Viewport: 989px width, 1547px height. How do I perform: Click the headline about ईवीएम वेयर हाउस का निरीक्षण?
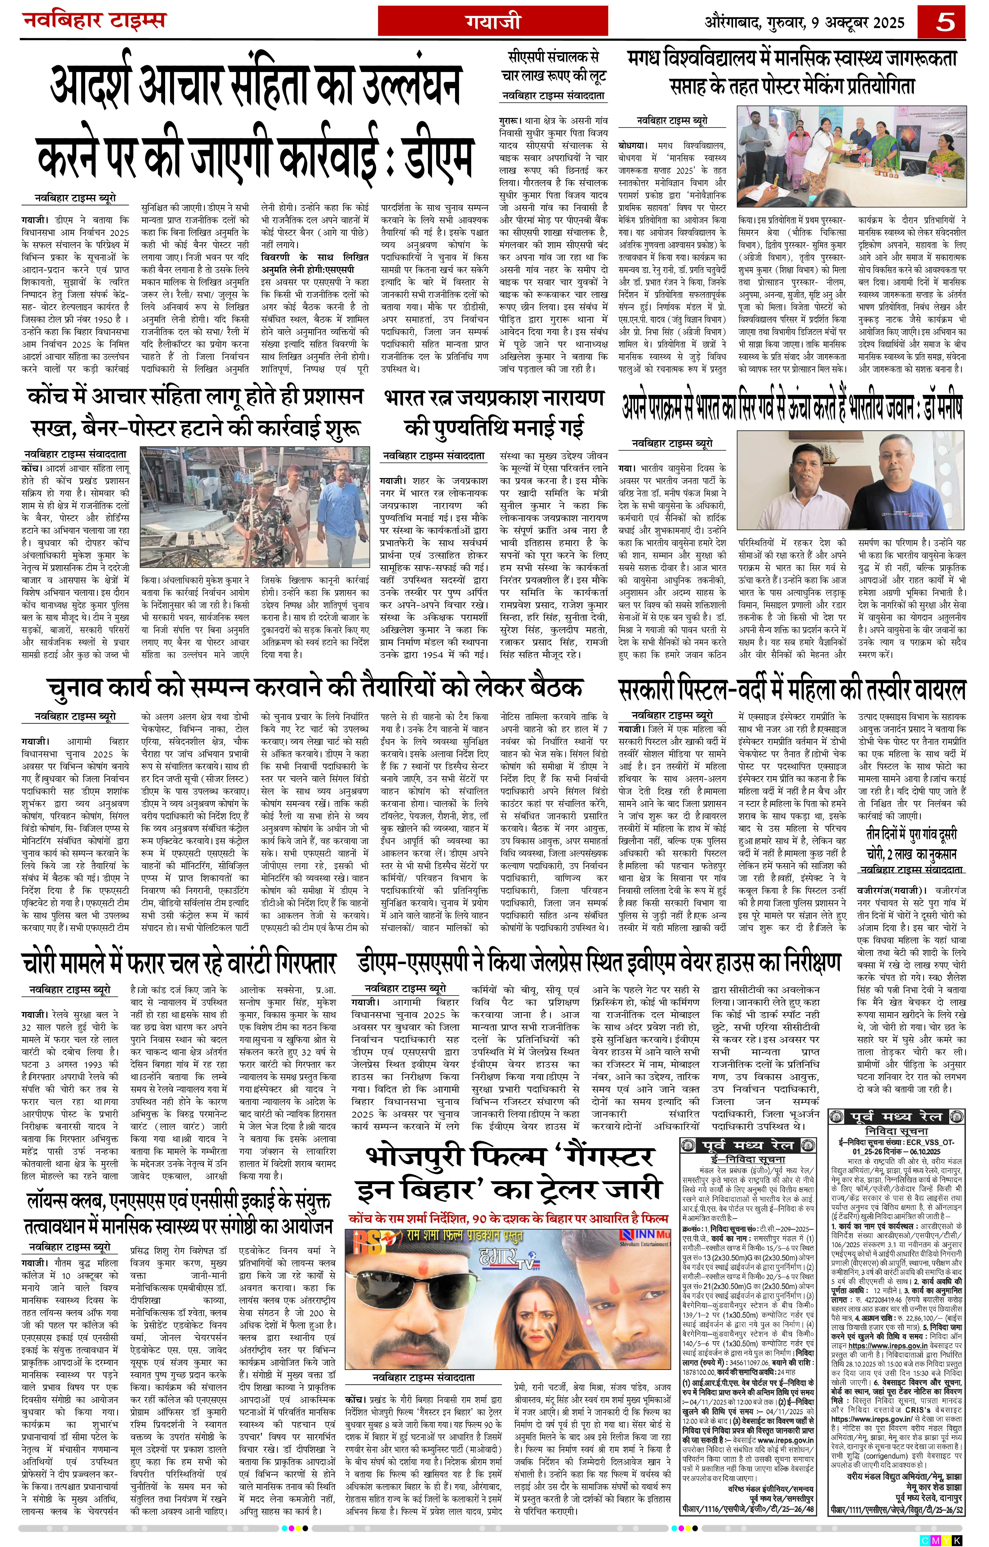pyautogui.click(x=599, y=962)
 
